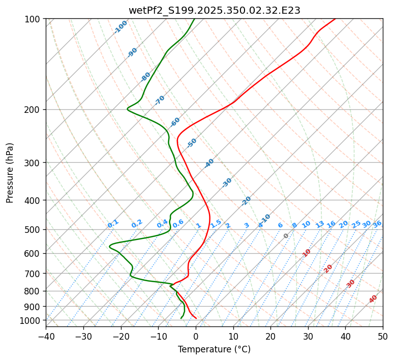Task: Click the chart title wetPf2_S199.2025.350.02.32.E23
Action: [214, 10]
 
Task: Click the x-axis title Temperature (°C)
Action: [214, 349]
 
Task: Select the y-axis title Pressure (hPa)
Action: [10, 173]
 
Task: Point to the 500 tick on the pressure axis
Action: [34, 229]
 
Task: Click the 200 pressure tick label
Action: [34, 109]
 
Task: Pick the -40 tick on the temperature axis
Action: [46, 337]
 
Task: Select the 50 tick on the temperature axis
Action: [383, 337]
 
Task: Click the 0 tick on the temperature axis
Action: [196, 337]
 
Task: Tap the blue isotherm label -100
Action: [120, 27]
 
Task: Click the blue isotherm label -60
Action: [175, 122]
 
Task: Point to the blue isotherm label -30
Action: [227, 183]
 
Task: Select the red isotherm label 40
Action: [373, 299]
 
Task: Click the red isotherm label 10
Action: [307, 253]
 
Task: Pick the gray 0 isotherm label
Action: [286, 236]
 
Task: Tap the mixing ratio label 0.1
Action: [113, 223]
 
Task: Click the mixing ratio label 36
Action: [377, 224]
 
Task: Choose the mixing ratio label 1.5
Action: [216, 223]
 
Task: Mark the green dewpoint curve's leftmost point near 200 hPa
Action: [128, 108]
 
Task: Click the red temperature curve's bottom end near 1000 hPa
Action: [196, 319]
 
